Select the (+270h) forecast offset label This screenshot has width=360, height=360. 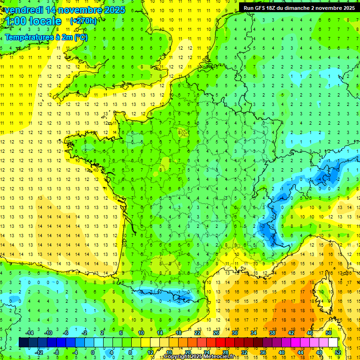pyautogui.click(x=83, y=21)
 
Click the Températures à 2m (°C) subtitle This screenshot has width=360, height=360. pyautogui.click(x=46, y=37)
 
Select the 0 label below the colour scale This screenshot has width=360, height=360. pyautogui.click(x=93, y=352)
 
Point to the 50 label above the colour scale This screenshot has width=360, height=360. pyautogui.click(x=328, y=333)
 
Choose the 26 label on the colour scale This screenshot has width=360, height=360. pyautogui.click(x=216, y=333)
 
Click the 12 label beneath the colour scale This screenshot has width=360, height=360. pyautogui.click(x=151, y=352)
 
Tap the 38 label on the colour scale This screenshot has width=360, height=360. pyautogui.click(x=272, y=333)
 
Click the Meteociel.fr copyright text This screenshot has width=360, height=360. pyautogui.click(x=199, y=357)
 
